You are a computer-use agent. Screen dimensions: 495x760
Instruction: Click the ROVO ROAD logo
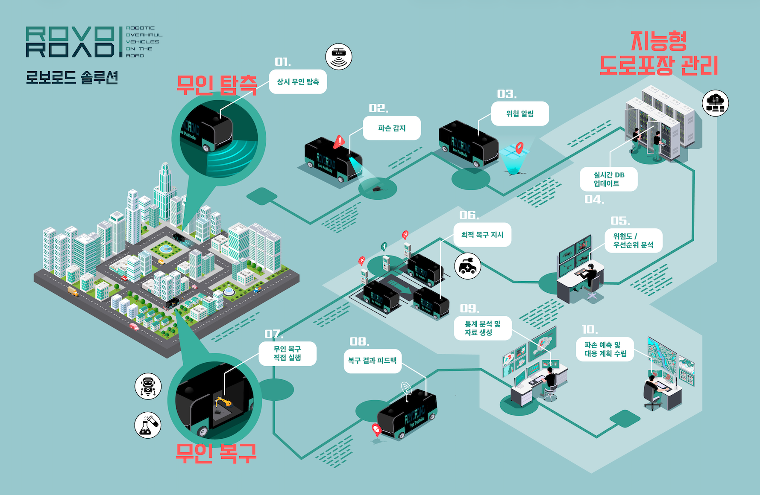[70, 42]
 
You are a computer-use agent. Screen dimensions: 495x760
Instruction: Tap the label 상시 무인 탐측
[298, 82]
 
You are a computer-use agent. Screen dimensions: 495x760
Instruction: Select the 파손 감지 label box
[392, 128]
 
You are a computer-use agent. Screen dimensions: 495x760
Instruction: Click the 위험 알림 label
[520, 114]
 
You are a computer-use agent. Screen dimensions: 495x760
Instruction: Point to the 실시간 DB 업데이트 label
[608, 179]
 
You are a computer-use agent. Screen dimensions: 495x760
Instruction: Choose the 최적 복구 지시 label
[482, 235]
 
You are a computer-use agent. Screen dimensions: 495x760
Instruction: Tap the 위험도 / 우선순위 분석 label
[633, 240]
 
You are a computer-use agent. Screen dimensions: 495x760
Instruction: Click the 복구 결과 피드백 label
[373, 361]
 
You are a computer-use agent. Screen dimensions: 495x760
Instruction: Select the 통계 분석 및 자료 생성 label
[482, 328]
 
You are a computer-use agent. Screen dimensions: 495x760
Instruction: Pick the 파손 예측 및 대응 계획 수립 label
[605, 349]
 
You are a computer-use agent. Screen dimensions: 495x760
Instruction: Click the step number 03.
[507, 94]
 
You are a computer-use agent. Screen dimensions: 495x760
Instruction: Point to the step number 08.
[359, 341]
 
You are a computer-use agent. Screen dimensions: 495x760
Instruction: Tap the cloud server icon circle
[715, 103]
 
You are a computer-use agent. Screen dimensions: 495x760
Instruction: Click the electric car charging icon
[467, 266]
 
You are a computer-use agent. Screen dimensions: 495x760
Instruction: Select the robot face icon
[148, 386]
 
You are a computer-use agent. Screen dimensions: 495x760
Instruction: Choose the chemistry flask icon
[148, 425]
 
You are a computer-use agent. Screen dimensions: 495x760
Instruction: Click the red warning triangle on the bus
[339, 141]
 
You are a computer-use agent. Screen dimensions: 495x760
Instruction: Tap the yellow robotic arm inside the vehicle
[223, 402]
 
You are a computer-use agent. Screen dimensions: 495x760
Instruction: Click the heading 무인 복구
[216, 453]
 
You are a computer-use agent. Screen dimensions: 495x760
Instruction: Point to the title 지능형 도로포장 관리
[658, 54]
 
